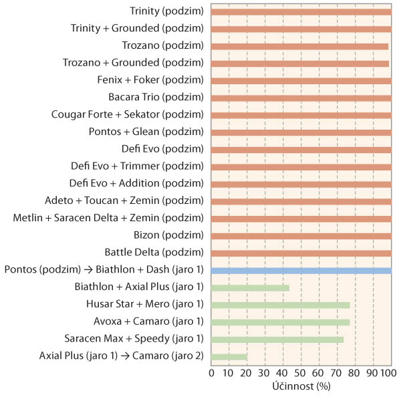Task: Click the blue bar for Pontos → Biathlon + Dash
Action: (301, 270)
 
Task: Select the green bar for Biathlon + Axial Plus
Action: (250, 287)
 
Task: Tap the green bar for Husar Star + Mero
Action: (280, 305)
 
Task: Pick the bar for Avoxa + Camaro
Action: (280, 322)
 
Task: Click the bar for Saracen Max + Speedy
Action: (277, 339)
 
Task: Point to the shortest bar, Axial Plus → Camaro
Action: (229, 356)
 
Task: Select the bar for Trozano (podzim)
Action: (299, 46)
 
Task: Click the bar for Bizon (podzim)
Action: (301, 236)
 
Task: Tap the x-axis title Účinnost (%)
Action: (301, 386)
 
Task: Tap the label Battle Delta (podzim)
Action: (154, 253)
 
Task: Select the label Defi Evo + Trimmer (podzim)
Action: (136, 166)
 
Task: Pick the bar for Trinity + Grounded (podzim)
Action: (301, 29)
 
